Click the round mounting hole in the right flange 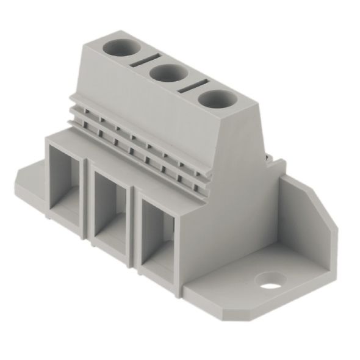(x=271, y=281)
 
